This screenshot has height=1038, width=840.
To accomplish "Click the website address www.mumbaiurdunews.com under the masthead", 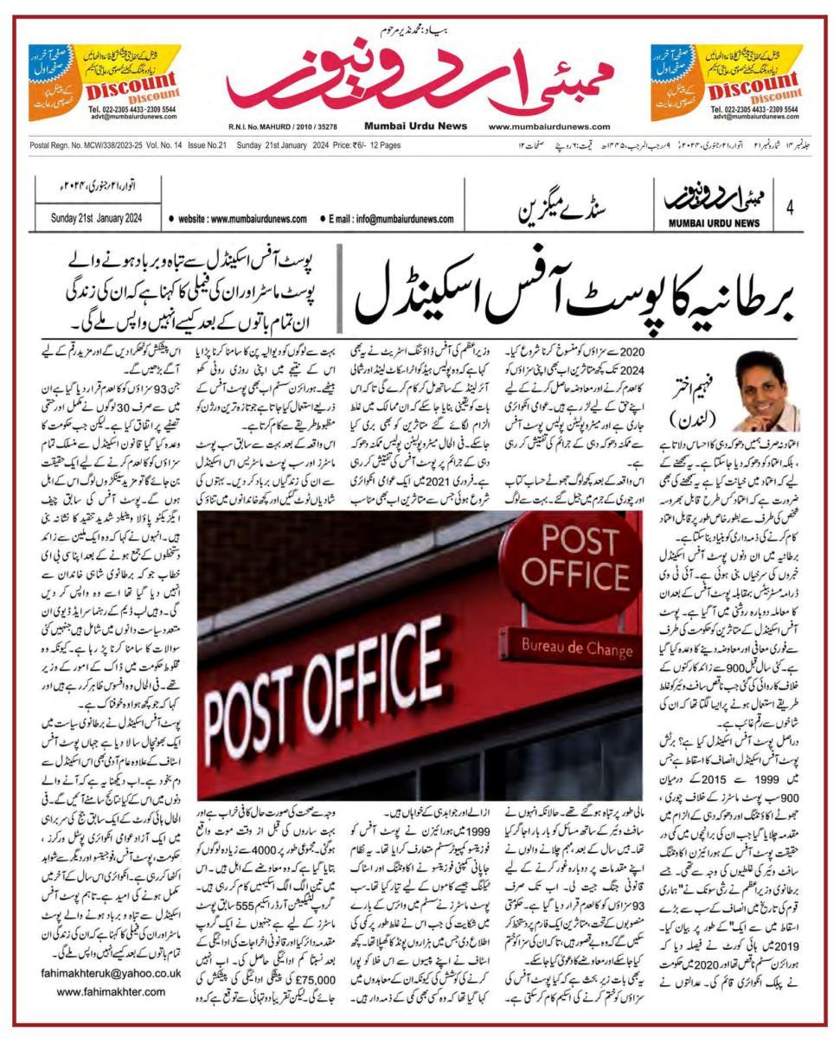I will pyautogui.click(x=548, y=126).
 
